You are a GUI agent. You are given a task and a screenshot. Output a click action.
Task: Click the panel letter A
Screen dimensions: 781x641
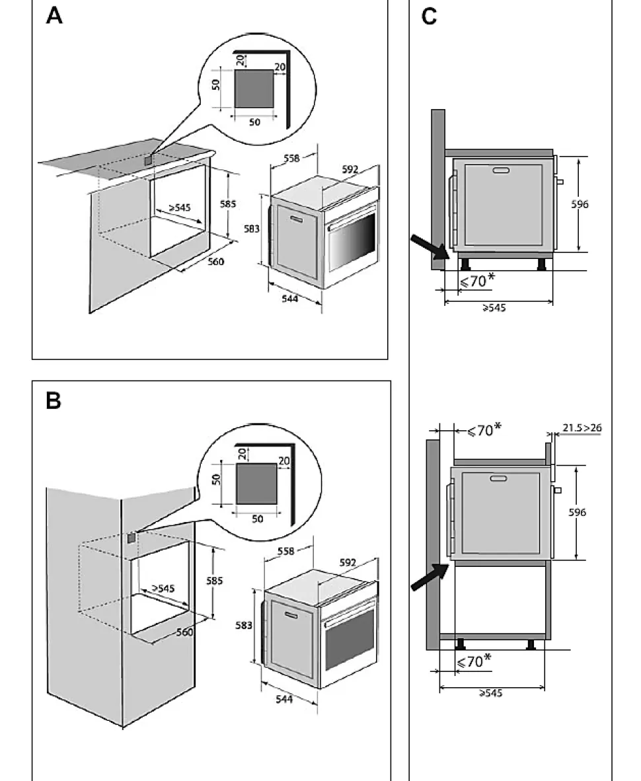(54, 16)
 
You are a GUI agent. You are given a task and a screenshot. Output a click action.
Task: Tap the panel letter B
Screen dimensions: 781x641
(54, 400)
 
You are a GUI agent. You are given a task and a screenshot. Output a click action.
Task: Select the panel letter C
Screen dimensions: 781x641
(429, 17)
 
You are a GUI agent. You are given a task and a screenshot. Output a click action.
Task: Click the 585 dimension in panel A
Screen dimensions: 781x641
(228, 204)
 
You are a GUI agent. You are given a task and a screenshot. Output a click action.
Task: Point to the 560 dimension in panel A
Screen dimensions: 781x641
(216, 262)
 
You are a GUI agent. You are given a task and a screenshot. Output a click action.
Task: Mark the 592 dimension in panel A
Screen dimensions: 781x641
(350, 170)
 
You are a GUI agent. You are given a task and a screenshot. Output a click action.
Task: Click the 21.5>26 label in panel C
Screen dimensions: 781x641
(582, 428)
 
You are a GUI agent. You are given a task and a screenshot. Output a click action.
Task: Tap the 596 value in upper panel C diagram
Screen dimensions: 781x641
(580, 204)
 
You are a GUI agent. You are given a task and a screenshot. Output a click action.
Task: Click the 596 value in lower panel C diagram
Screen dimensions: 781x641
(577, 512)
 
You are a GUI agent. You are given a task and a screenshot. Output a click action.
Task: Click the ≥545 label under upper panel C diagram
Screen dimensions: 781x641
(494, 307)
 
